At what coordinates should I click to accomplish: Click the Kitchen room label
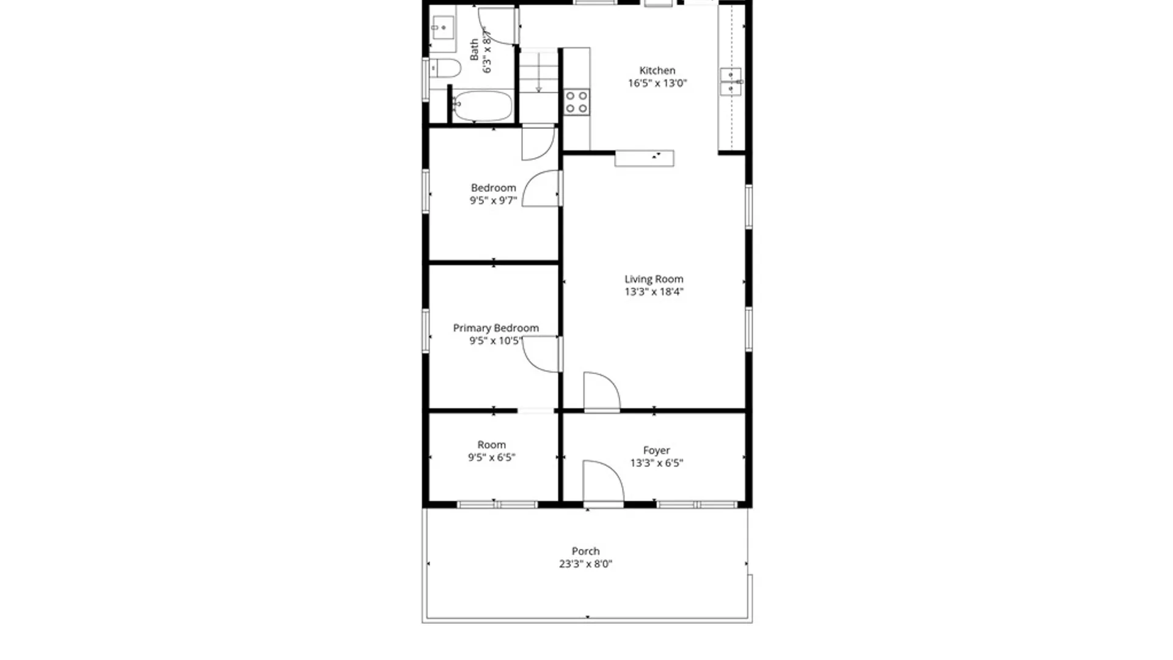point(657,71)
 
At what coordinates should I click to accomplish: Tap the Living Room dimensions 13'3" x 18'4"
point(654,292)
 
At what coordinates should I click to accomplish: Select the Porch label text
point(585,551)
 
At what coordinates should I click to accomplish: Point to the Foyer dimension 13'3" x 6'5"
point(657,463)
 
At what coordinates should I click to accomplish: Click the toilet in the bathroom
point(445,68)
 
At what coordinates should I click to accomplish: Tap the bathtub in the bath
point(483,106)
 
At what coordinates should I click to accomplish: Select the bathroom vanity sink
point(442,28)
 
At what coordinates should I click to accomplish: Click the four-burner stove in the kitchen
point(576,102)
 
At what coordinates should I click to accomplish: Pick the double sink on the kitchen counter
point(731,81)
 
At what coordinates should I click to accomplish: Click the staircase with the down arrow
point(538,72)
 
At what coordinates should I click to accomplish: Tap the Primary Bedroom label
point(496,328)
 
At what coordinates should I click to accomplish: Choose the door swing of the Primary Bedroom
point(541,354)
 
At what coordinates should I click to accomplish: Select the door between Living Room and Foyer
point(601,392)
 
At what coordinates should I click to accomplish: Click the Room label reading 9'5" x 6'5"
point(492,451)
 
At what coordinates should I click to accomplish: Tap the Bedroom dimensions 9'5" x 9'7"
point(493,200)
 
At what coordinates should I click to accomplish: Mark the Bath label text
point(474,50)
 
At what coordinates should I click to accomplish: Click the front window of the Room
point(497,505)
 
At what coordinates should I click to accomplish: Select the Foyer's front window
point(697,505)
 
